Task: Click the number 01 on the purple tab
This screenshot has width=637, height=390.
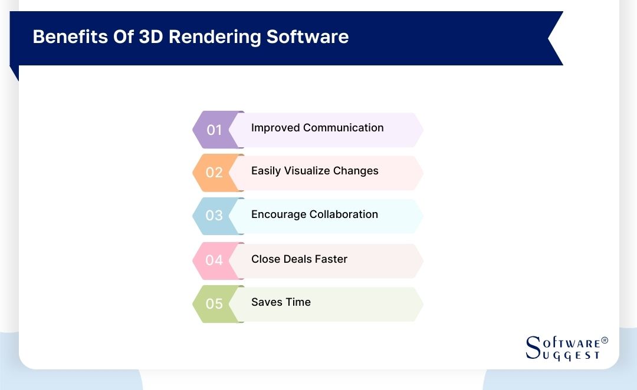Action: click(214, 130)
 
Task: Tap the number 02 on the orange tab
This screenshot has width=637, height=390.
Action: click(214, 173)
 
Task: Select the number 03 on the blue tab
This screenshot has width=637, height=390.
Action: click(214, 216)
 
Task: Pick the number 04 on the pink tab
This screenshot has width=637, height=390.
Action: click(214, 260)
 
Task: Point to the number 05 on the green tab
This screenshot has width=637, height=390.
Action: click(214, 303)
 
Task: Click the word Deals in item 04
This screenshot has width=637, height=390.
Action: click(298, 259)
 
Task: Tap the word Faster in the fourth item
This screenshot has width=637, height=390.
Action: click(332, 259)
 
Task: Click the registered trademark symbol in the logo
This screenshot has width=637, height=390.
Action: click(604, 341)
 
